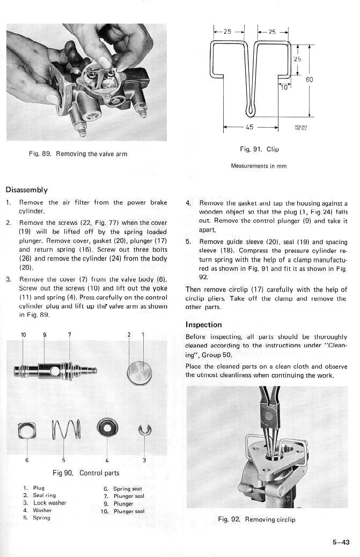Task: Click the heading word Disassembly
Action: click(26, 189)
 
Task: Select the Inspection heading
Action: click(203, 325)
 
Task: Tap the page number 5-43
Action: click(340, 543)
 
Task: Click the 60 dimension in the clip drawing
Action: click(309, 79)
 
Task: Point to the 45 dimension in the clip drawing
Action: click(249, 128)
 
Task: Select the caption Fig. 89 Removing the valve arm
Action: click(78, 154)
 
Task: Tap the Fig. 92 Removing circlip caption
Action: click(256, 519)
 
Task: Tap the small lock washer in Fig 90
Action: click(145, 429)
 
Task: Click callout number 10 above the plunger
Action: click(23, 335)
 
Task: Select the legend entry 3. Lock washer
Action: click(45, 503)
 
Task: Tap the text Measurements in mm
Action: click(258, 166)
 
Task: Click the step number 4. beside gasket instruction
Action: click(188, 204)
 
